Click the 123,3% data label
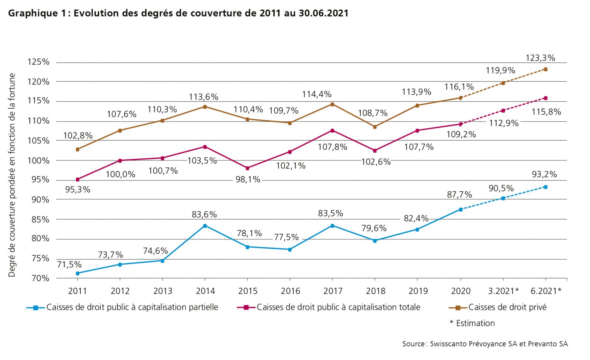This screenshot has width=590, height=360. pyautogui.click(x=540, y=58)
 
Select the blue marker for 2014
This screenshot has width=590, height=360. pyautogui.click(x=205, y=226)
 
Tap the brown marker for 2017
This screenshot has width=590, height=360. pyautogui.click(x=332, y=104)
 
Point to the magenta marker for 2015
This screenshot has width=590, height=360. pyautogui.click(x=247, y=168)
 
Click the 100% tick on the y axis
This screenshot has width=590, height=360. pyautogui.click(x=38, y=160)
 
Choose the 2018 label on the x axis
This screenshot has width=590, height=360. pyautogui.click(x=375, y=291)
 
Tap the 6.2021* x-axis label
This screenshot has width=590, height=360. pyautogui.click(x=546, y=291)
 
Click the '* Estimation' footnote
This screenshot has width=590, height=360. pyautogui.click(x=472, y=323)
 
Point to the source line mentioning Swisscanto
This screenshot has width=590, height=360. pyautogui.click(x=485, y=344)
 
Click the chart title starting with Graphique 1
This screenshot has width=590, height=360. pyautogui.click(x=178, y=13)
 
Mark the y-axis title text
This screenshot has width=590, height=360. pyautogui.click(x=12, y=175)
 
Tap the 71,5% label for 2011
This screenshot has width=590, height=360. pyautogui.click(x=69, y=264)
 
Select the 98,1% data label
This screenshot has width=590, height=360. pyautogui.click(x=248, y=180)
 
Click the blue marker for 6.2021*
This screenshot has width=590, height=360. pyautogui.click(x=545, y=187)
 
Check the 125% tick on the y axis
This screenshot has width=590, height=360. pyautogui.click(x=38, y=62)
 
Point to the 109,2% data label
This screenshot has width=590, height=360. pyautogui.click(x=461, y=135)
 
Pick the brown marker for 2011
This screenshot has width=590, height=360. pyautogui.click(x=77, y=149)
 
